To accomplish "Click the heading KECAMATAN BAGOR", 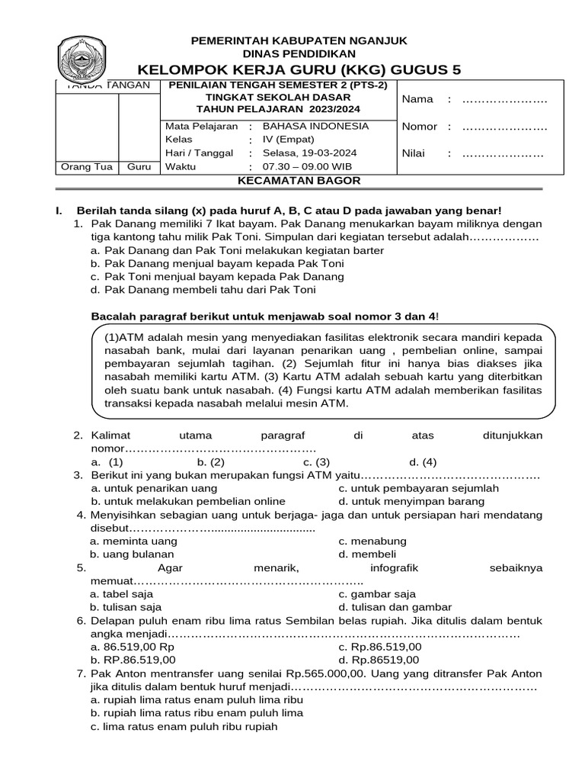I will (299, 181).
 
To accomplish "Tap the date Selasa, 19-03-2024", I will (309, 153).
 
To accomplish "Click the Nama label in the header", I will (417, 99).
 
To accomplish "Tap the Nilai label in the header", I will (415, 154).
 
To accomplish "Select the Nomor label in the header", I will (420, 127).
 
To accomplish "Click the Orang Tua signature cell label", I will (86, 168).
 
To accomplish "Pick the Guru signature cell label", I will (139, 168).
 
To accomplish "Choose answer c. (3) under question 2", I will (316, 462).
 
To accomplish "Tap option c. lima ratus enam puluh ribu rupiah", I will (184, 727).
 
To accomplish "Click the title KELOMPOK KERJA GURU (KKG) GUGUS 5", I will (299, 69).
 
